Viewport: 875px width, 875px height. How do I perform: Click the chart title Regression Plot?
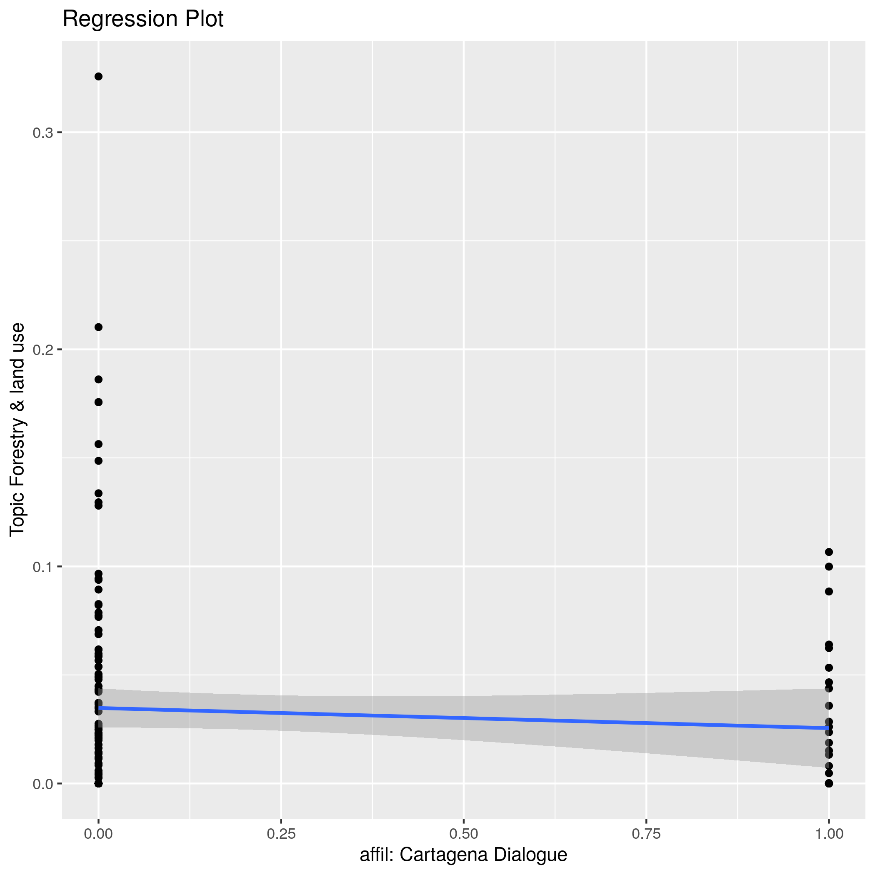pos(142,20)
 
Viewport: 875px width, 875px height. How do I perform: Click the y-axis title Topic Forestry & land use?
pos(17,429)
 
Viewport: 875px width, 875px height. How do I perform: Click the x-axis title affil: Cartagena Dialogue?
pos(463,855)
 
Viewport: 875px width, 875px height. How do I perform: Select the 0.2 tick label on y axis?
pos(42,350)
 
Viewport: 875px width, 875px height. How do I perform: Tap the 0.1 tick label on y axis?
pos(42,567)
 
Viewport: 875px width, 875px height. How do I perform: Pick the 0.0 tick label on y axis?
pos(42,784)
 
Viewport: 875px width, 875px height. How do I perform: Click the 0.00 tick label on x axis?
pos(98,834)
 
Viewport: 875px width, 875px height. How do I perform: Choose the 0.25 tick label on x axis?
pos(281,834)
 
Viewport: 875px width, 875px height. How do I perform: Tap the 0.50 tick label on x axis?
pos(463,834)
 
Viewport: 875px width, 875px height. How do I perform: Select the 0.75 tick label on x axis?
pos(646,834)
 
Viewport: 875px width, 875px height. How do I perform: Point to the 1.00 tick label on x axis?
pos(829,834)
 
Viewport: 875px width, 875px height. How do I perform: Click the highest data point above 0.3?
pos(98,77)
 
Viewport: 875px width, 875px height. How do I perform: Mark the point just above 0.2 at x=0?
pos(98,327)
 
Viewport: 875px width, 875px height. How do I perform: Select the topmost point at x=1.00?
pos(829,552)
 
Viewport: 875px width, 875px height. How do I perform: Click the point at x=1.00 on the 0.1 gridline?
pos(829,567)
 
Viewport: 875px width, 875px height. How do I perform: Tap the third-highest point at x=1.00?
pos(829,592)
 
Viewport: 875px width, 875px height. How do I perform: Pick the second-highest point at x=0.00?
pos(98,327)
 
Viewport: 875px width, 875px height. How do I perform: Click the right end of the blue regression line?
pos(828,728)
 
